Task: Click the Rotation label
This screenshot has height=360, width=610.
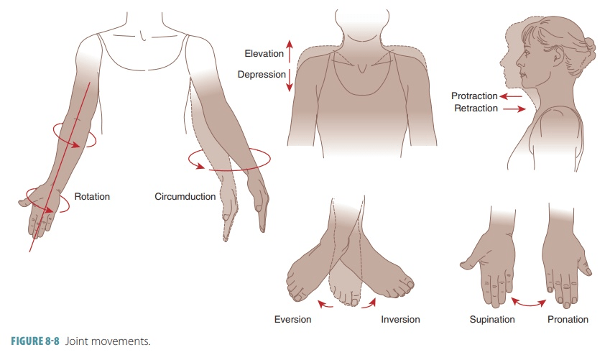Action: coord(92,197)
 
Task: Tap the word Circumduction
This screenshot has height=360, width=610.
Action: coord(185,197)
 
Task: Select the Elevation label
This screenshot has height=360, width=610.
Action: coord(264,54)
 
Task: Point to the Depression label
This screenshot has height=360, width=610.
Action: coord(262,74)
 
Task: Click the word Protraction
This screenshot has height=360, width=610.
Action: coord(474,96)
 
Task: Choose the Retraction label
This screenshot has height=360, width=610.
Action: coord(476,109)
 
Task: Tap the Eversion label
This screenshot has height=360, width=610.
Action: coord(292,320)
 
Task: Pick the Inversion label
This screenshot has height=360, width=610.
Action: coord(400,320)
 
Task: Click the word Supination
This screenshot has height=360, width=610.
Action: coord(492,320)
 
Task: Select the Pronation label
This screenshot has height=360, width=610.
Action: coord(568,320)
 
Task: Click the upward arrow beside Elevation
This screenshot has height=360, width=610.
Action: coord(289,51)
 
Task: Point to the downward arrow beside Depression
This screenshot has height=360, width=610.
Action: coord(289,80)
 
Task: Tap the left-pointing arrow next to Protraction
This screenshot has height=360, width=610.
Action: coord(511,96)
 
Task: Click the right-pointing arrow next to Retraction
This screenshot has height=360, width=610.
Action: coord(514,109)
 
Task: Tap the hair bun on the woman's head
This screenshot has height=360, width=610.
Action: coord(588,49)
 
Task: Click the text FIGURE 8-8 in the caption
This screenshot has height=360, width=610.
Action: coord(35,341)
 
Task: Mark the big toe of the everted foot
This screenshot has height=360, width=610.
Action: coord(298,297)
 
